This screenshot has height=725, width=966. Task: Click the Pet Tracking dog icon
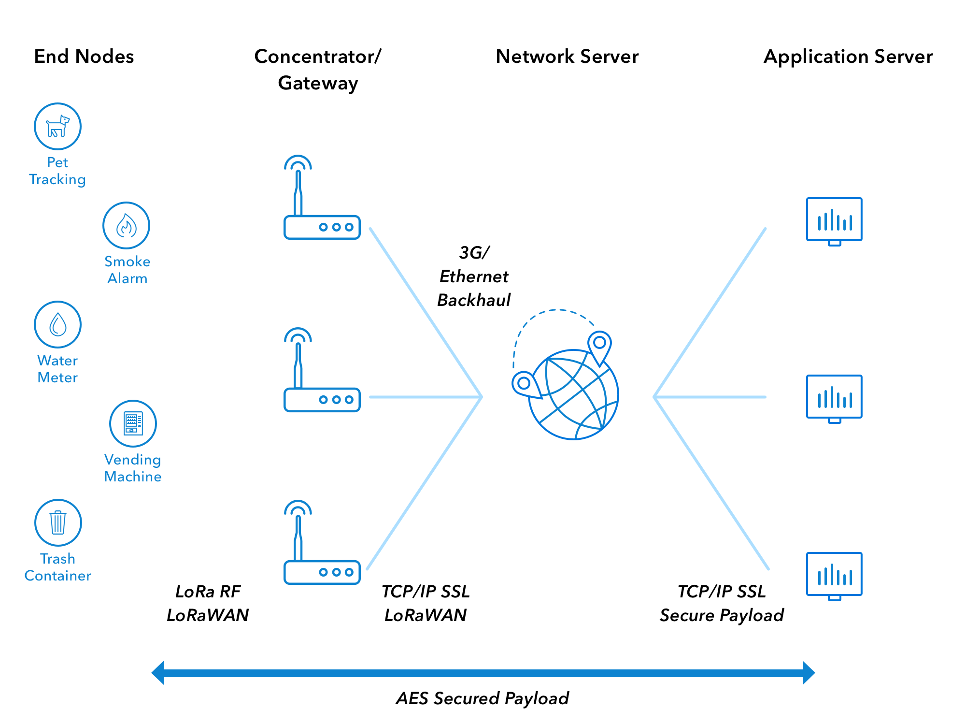[x=57, y=126]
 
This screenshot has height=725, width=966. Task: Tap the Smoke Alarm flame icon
[x=126, y=226]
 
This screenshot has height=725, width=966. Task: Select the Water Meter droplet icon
[x=57, y=324]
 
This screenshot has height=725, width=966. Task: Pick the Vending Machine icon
[x=133, y=423]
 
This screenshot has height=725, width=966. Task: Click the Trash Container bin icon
[x=58, y=522]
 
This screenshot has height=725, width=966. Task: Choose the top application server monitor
[x=834, y=220]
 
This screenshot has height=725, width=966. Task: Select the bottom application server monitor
[x=834, y=575]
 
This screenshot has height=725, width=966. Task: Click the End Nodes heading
[x=84, y=57]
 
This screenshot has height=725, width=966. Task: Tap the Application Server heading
[x=848, y=57]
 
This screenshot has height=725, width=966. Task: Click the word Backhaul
[x=473, y=300]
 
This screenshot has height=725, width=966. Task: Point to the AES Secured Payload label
[x=482, y=698]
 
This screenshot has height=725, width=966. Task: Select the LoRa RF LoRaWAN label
[x=208, y=603]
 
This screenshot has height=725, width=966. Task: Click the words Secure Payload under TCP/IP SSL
[x=722, y=615]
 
